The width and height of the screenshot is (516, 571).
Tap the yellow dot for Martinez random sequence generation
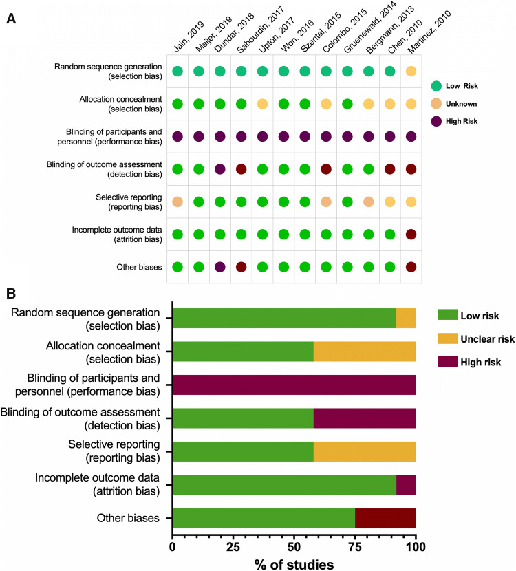[x=411, y=71]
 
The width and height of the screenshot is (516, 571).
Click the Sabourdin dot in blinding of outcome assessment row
[x=241, y=169]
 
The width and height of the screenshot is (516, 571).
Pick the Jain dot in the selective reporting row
[x=178, y=202]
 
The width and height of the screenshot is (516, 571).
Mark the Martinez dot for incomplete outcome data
[x=411, y=234]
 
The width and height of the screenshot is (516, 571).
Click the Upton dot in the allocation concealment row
[x=262, y=104]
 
